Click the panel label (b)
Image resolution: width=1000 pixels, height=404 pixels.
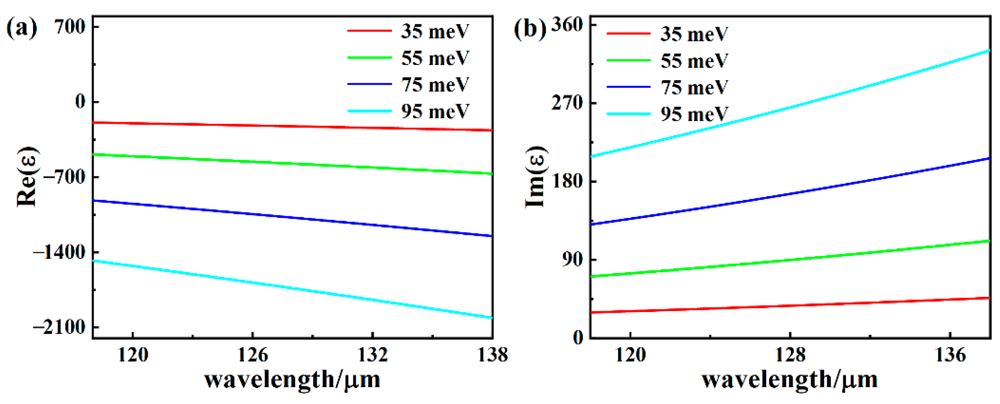530,28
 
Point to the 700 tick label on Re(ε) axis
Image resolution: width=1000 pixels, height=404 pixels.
70,27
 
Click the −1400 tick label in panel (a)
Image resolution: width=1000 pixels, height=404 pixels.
59,252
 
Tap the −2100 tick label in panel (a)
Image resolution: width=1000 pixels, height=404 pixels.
59,327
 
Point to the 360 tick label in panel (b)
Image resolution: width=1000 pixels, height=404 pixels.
567,25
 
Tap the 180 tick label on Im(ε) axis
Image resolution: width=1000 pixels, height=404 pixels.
567,181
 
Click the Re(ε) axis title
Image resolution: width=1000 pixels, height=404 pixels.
27,177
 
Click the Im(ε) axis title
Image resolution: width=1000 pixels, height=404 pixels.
536,177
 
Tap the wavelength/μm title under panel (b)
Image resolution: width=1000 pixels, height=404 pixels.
790,380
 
